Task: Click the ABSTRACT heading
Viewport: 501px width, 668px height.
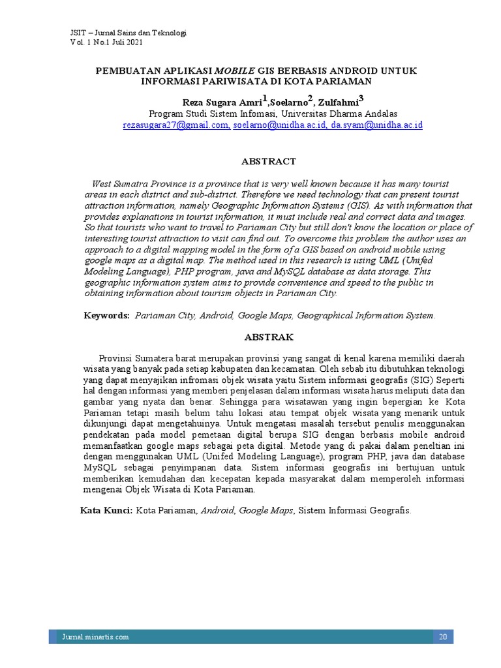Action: click(x=269, y=161)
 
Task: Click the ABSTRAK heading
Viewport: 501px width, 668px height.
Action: click(x=269, y=337)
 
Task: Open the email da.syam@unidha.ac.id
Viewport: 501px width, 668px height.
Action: click(x=376, y=124)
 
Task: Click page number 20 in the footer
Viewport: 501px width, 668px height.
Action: click(x=443, y=637)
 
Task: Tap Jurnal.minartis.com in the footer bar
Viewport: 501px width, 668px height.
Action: click(x=95, y=637)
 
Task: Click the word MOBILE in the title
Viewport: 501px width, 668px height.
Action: click(x=235, y=70)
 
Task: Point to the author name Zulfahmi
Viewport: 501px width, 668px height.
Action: click(x=339, y=101)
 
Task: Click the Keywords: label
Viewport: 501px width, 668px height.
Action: click(x=107, y=316)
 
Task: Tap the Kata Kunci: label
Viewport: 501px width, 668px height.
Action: click(x=106, y=511)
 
